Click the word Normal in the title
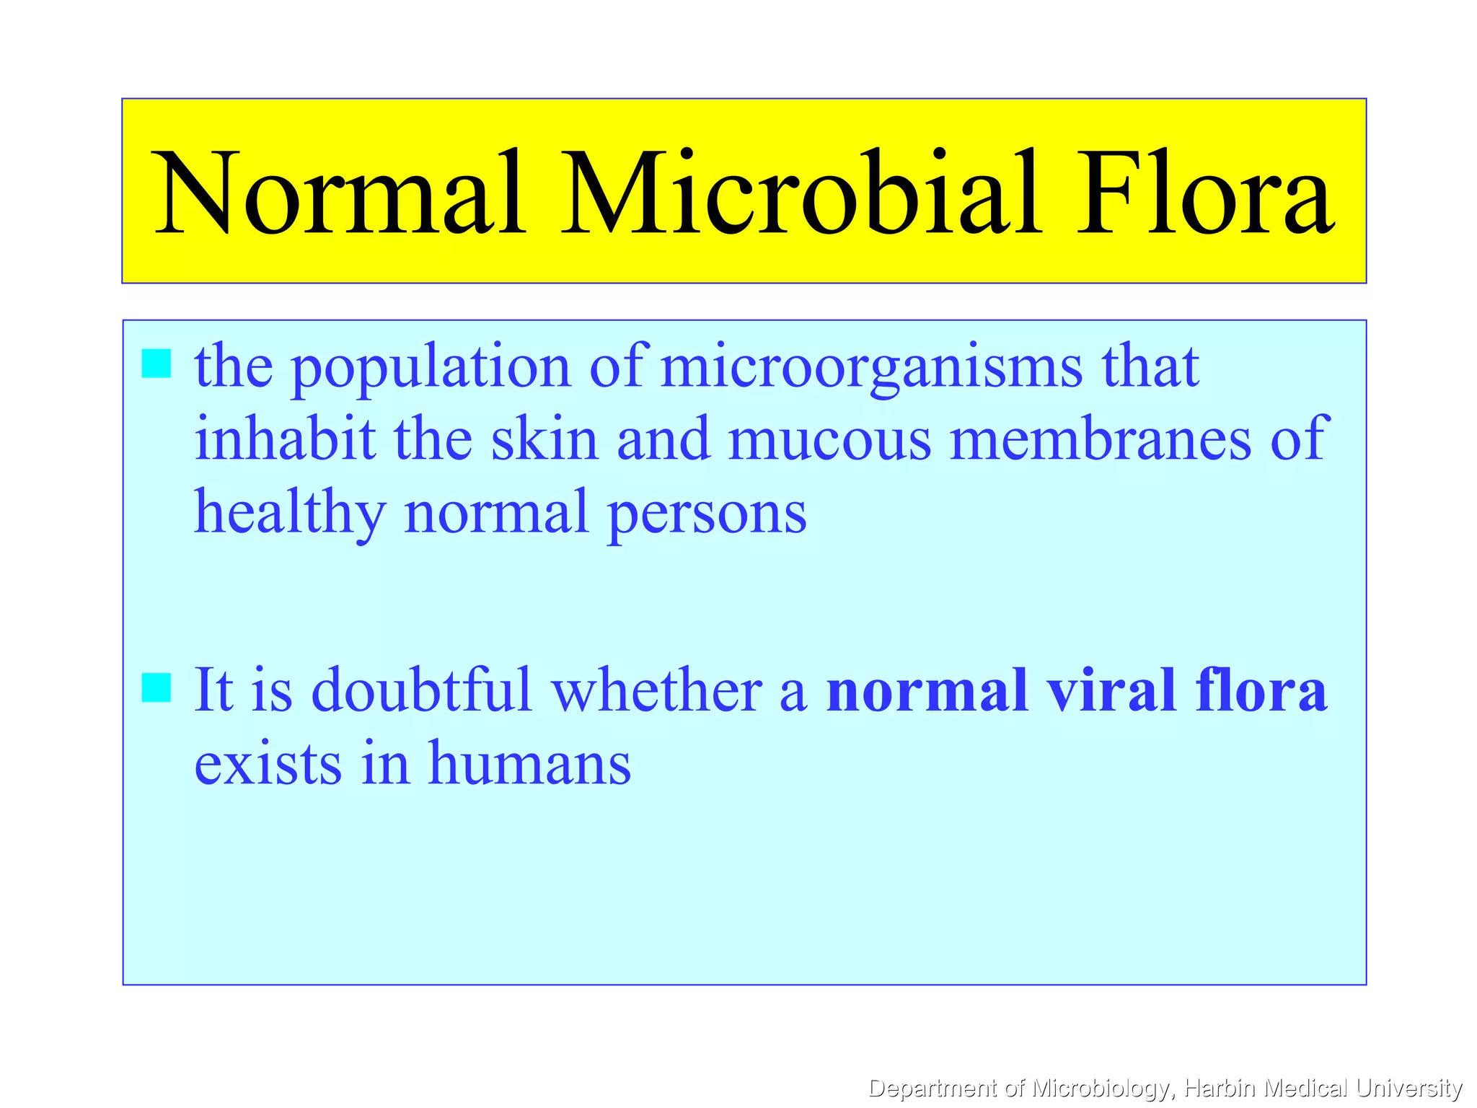point(339,193)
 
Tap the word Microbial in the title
point(802,193)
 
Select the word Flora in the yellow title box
point(1204,193)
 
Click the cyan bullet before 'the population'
point(156,364)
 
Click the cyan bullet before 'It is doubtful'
point(156,687)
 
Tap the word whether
point(657,690)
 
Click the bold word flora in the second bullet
point(1261,690)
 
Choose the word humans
point(529,763)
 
